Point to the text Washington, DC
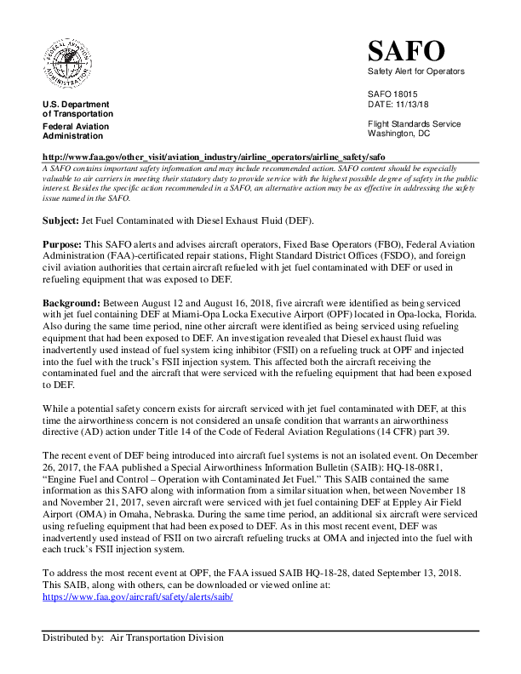(x=399, y=133)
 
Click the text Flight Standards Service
(x=414, y=123)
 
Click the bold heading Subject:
(x=60, y=220)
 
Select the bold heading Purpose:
(x=62, y=244)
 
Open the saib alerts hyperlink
(x=137, y=597)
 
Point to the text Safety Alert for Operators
(x=416, y=71)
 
